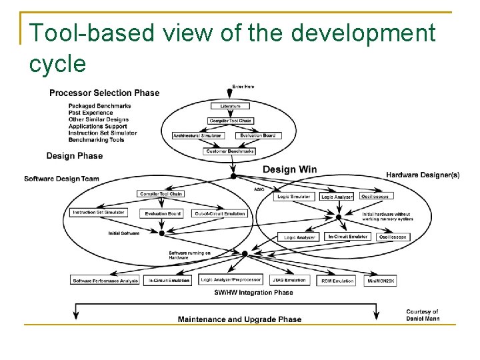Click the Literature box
[230, 106]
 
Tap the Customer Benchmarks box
[229, 151]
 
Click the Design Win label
[289, 169]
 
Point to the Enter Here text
[243, 87]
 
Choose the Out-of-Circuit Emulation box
[220, 213]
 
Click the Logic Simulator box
[294, 197]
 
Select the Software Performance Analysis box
[106, 281]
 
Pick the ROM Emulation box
[337, 281]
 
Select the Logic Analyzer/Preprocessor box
[231, 280]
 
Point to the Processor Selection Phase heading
[105, 93]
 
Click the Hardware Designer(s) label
[423, 175]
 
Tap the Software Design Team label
[61, 179]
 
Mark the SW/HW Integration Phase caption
[253, 292]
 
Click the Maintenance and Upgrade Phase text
[239, 319]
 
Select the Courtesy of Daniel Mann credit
[423, 315]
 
